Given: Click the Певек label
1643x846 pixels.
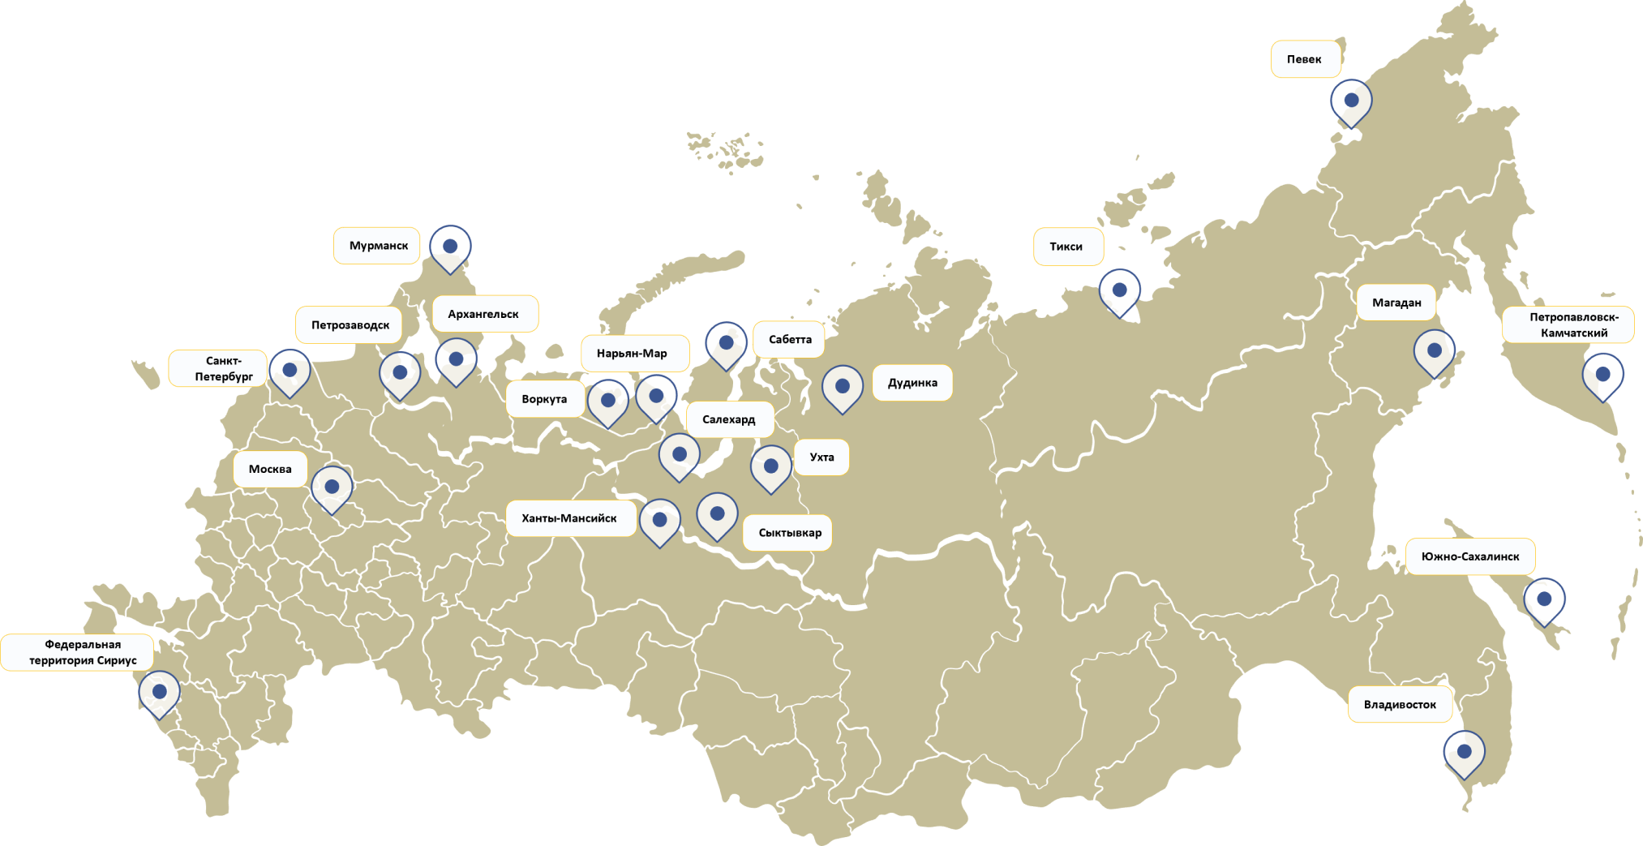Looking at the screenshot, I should click(x=1304, y=59).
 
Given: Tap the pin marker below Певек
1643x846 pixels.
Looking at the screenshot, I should click(x=1351, y=101).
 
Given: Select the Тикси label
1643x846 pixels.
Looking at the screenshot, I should click(x=1066, y=247).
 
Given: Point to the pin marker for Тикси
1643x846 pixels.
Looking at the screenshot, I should click(x=1119, y=290).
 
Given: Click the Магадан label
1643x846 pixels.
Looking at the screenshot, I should click(x=1396, y=303).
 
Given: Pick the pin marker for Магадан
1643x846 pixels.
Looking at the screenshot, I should click(x=1434, y=351).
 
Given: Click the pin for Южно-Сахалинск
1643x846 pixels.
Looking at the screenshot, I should click(x=1544, y=599).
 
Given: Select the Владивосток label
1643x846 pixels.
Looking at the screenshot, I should click(x=1400, y=704).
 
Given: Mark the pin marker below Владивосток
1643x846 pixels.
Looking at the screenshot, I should click(x=1464, y=752).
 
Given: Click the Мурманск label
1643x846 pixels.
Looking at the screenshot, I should click(x=378, y=246).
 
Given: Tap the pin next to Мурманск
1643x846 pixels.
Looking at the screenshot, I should click(x=450, y=247).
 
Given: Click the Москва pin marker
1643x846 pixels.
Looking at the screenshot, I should click(x=332, y=487).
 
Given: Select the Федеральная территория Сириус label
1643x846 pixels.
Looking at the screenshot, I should click(x=83, y=652).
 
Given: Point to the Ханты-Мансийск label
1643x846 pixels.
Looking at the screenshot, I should click(x=569, y=518).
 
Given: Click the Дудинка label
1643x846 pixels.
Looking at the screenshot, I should click(x=912, y=383).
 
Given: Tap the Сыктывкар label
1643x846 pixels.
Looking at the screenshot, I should click(x=789, y=533).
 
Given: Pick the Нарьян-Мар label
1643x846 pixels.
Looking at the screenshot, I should click(x=632, y=354).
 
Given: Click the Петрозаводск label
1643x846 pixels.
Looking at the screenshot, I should click(x=350, y=325).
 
